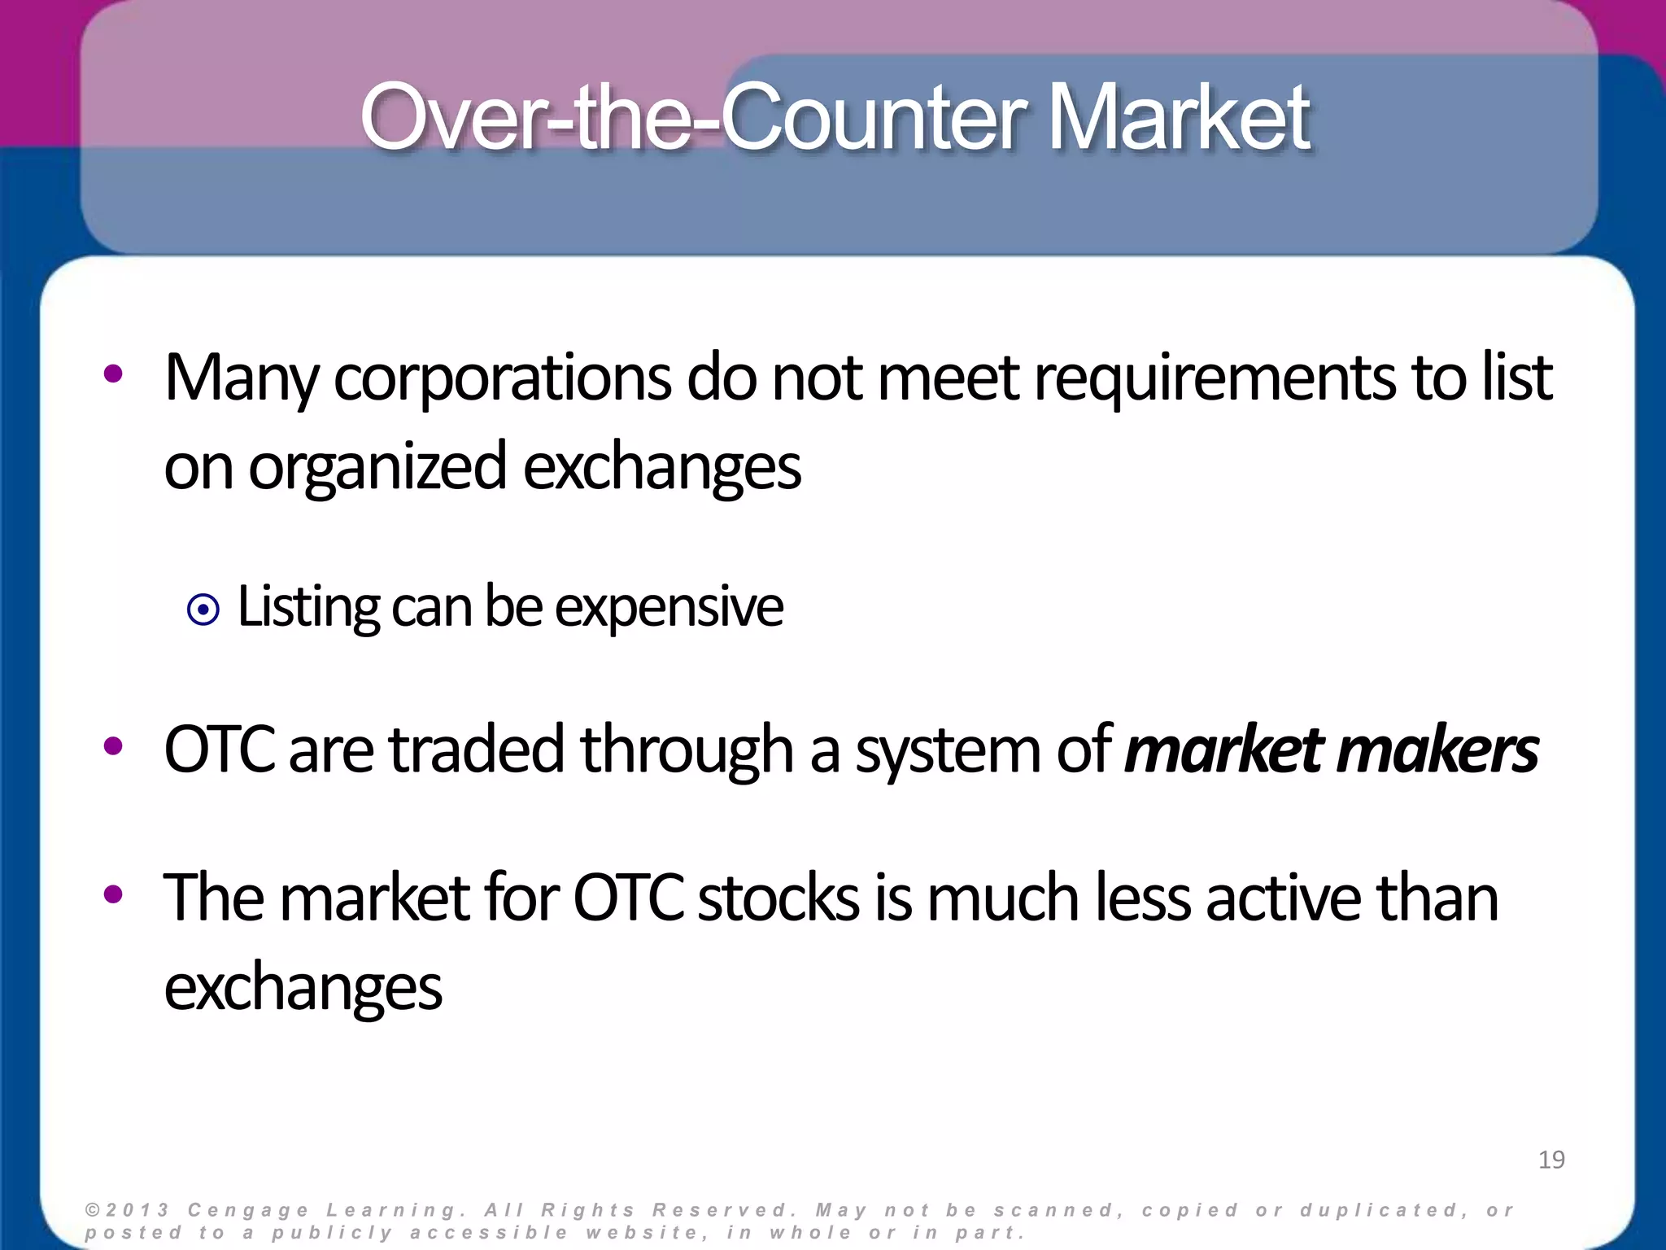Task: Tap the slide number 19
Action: click(x=1551, y=1159)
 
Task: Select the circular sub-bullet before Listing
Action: click(x=203, y=610)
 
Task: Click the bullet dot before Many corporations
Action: click(x=113, y=374)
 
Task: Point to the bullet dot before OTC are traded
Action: click(x=113, y=745)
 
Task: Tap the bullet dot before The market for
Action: click(x=113, y=894)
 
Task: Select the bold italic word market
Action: click(x=1224, y=750)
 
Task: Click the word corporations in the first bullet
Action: click(x=502, y=378)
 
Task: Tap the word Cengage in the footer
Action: click(x=248, y=1210)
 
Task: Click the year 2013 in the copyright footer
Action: click(x=137, y=1210)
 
